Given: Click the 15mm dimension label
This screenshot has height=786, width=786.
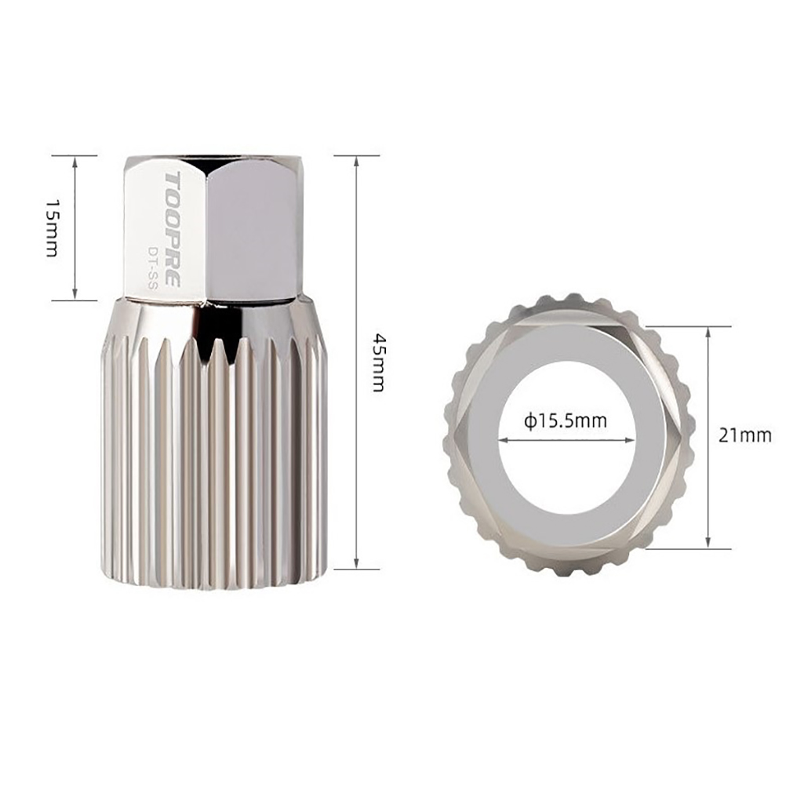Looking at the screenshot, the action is pyautogui.click(x=52, y=227).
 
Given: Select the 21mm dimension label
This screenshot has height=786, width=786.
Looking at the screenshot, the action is pyautogui.click(x=745, y=435).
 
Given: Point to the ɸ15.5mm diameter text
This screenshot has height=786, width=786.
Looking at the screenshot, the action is pyautogui.click(x=566, y=420).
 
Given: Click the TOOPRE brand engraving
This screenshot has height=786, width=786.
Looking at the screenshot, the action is pyautogui.click(x=172, y=230).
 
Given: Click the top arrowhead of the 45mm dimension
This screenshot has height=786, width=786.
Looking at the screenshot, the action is pyautogui.click(x=356, y=160).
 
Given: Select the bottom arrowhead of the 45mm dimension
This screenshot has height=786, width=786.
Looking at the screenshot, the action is pyautogui.click(x=356, y=564).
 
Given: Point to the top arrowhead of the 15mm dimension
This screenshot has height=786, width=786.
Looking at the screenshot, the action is pyautogui.click(x=75, y=160).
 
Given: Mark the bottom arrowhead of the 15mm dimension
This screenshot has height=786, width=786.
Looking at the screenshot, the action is pyautogui.click(x=75, y=295).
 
